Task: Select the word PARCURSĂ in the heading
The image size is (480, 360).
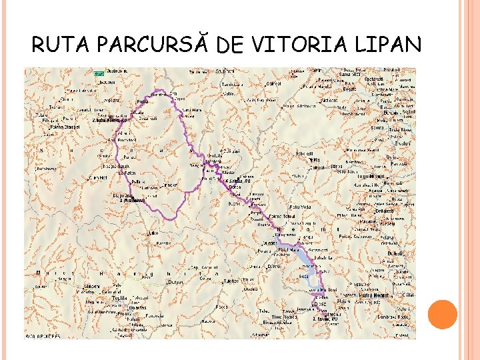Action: click(x=158, y=45)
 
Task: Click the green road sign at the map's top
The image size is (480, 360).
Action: click(x=98, y=71)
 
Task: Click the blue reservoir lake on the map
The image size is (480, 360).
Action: click(x=303, y=257)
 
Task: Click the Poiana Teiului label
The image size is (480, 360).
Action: click(x=281, y=216)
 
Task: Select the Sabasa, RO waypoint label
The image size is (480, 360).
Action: click(x=237, y=181)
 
